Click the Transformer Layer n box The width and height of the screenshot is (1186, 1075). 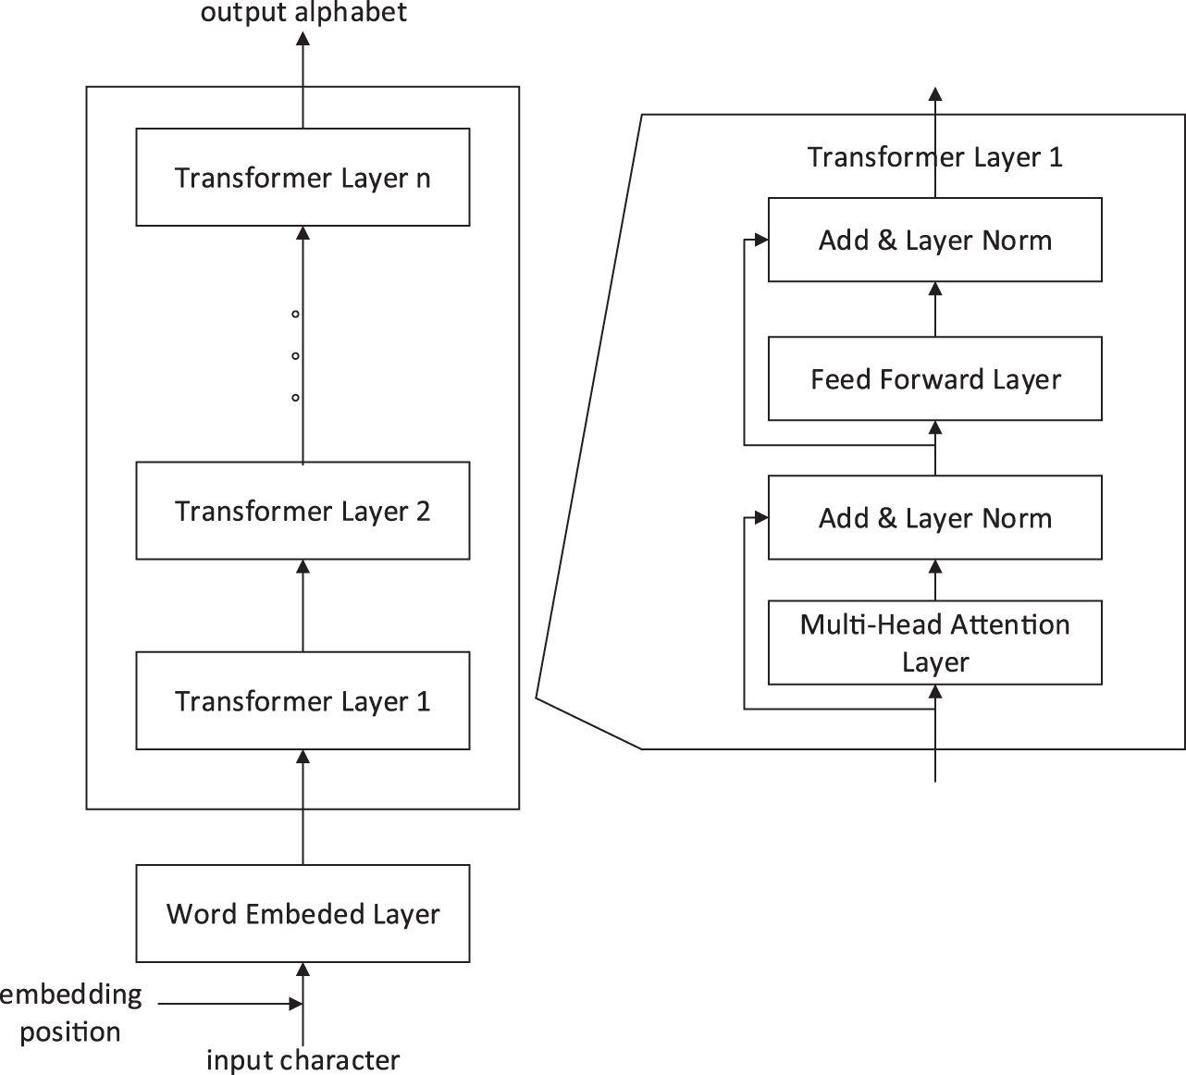(303, 177)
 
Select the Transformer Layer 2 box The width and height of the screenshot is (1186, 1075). (303, 511)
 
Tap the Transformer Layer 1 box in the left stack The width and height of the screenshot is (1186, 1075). (303, 700)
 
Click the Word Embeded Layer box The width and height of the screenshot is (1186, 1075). (303, 913)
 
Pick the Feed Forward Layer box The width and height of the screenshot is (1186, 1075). (934, 378)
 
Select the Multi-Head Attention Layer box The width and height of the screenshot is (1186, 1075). (934, 643)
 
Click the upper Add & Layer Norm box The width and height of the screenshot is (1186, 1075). (934, 240)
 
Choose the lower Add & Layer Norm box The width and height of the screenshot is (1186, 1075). (934, 517)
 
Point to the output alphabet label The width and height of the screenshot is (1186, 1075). (303, 13)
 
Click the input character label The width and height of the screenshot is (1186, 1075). (303, 1059)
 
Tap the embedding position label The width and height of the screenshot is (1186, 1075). (70, 1013)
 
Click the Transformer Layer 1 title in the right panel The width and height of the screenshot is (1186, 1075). (934, 157)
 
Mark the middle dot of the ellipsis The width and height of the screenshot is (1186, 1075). (295, 356)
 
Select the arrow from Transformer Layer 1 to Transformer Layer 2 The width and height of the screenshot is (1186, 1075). (303, 606)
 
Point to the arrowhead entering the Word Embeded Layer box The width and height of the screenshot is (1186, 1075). (303, 970)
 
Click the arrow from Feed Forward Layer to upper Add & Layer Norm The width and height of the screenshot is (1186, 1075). (935, 309)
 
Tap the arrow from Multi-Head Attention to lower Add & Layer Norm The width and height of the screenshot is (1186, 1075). (935, 580)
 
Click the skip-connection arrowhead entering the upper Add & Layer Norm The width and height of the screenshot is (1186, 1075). (761, 241)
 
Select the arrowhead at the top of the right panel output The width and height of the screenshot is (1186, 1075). (935, 93)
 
